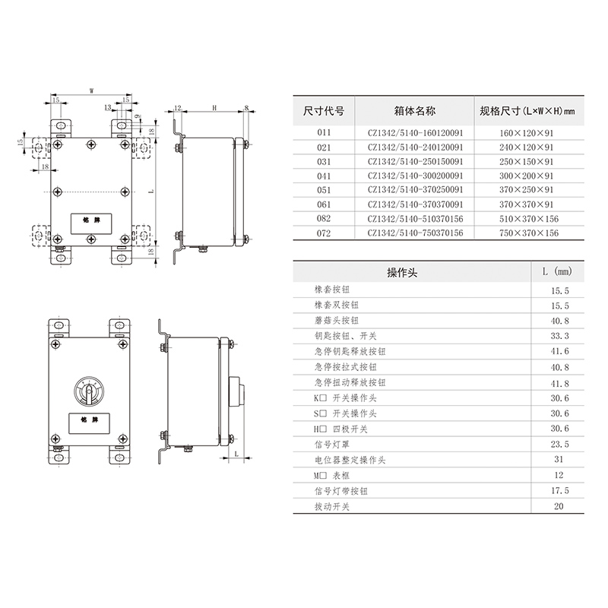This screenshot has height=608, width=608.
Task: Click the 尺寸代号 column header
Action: (x=324, y=111)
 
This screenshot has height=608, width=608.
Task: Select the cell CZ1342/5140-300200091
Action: (x=415, y=176)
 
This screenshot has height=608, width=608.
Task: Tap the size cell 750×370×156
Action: (x=529, y=233)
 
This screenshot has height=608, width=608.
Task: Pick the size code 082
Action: (x=324, y=219)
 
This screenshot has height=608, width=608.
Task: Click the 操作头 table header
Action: (x=402, y=273)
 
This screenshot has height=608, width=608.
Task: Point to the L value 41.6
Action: (x=560, y=351)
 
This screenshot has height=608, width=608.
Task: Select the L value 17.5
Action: (x=560, y=491)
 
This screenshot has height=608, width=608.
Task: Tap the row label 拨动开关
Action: (x=332, y=507)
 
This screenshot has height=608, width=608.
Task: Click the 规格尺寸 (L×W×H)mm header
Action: (x=527, y=111)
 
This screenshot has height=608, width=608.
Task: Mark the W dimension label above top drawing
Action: (x=91, y=91)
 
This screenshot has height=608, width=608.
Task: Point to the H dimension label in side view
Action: (x=214, y=108)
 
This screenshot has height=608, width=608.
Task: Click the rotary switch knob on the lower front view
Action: (x=89, y=391)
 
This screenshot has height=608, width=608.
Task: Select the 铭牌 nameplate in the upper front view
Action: (x=91, y=223)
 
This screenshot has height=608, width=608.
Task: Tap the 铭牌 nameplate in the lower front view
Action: (x=89, y=423)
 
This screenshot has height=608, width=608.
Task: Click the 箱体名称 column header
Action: (x=414, y=111)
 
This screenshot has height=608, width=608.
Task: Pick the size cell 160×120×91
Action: (x=526, y=133)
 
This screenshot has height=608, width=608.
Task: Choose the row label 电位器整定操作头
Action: (x=350, y=461)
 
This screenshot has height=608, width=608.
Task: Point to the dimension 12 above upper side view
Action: (x=178, y=108)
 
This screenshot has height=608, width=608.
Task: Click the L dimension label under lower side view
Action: (x=236, y=454)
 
